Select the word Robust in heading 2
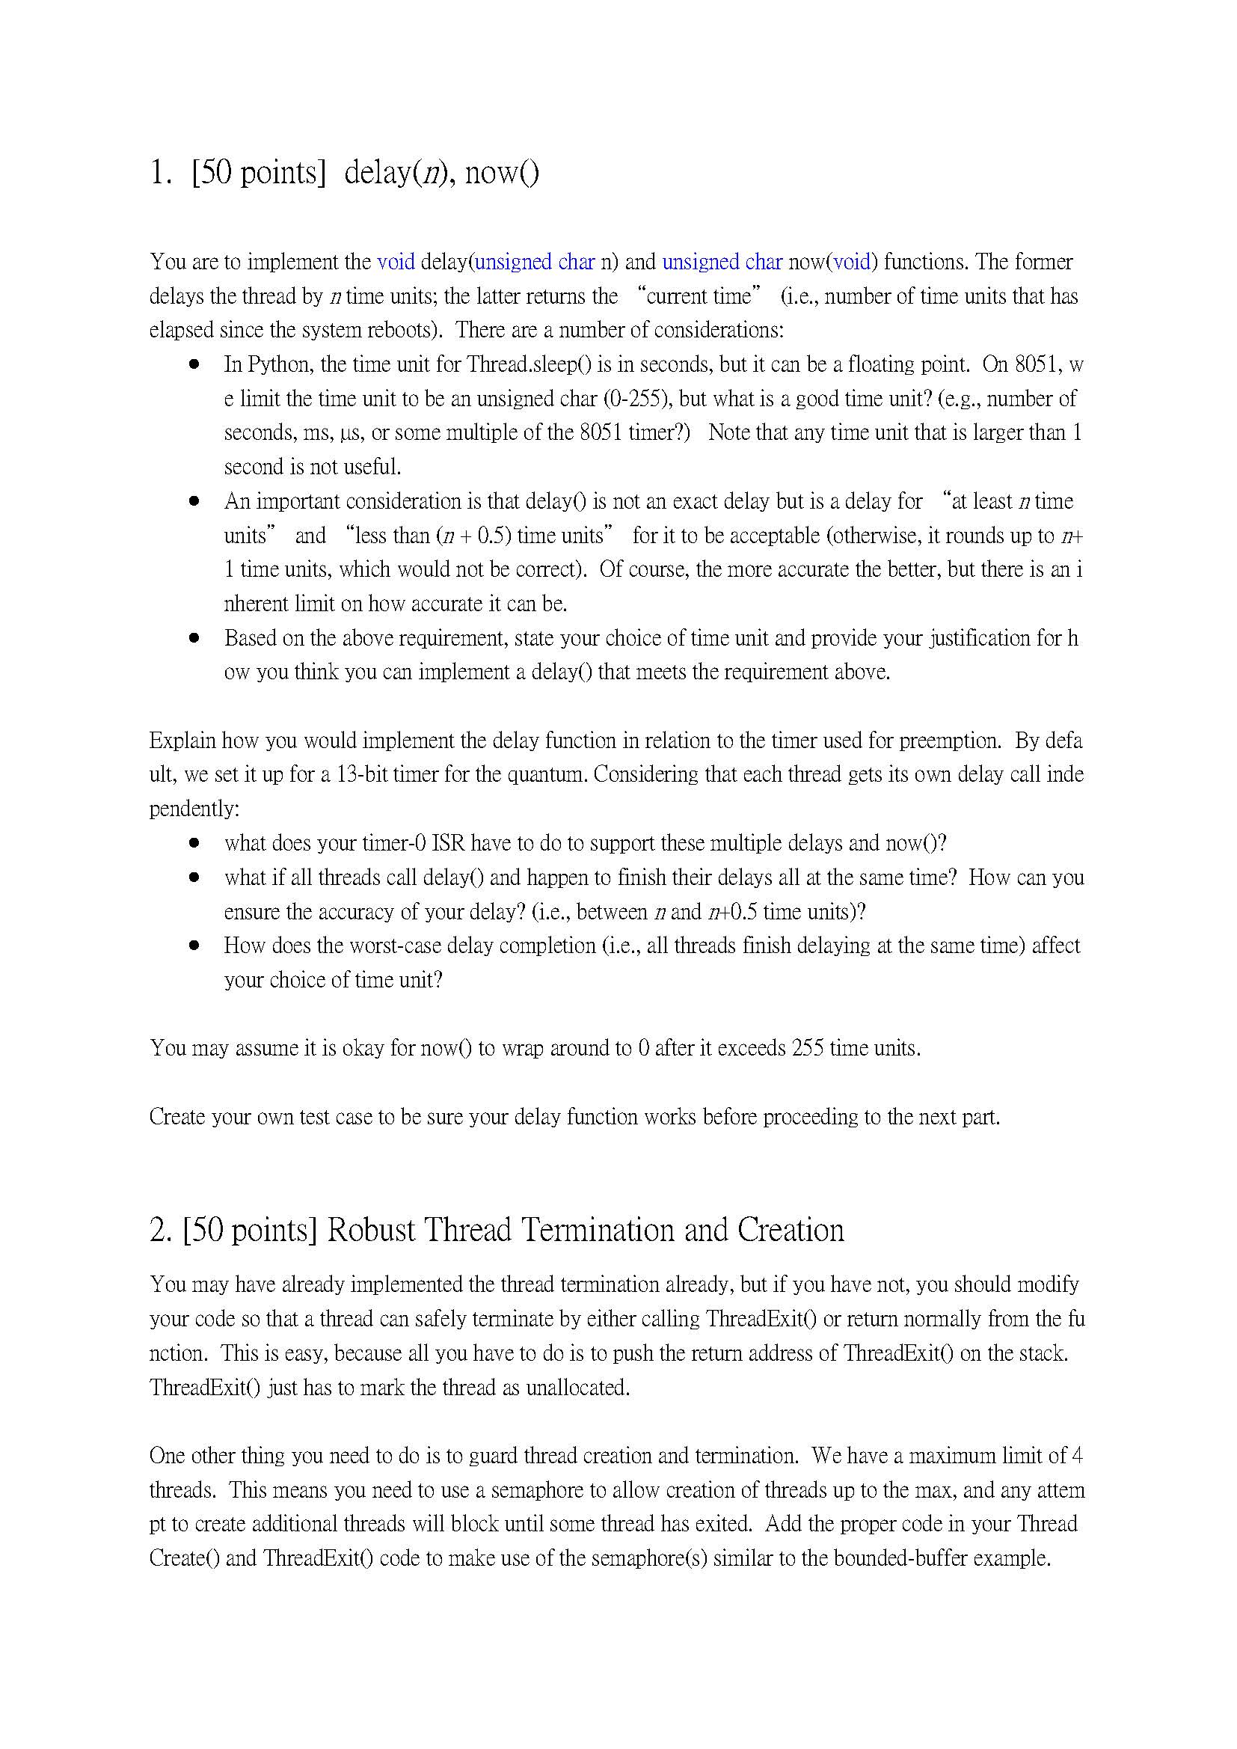(370, 1231)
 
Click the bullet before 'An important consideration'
(194, 501)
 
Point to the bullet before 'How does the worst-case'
(194, 946)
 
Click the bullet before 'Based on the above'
(194, 637)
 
